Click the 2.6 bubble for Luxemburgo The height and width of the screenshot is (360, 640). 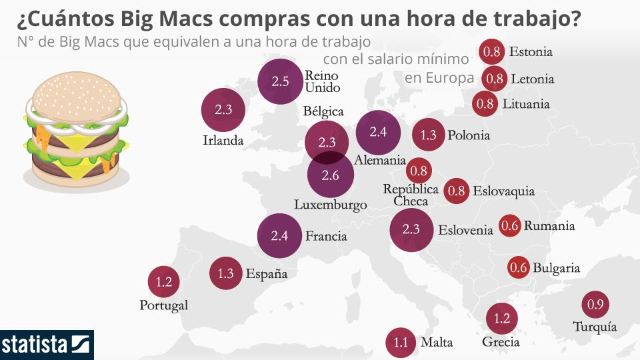tap(330, 176)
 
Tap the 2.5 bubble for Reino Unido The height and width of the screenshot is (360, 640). tap(281, 81)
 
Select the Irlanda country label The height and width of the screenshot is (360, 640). tap(223, 141)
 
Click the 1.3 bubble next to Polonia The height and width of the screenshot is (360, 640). tap(429, 135)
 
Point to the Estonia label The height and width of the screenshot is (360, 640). tap(531, 51)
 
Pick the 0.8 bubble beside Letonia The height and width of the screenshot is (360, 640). tap(495, 79)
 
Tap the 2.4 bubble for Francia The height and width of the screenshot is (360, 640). tap(279, 235)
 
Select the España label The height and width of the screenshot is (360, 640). tap(266, 273)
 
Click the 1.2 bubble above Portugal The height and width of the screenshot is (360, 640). tap(164, 282)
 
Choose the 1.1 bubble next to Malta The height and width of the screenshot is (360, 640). tap(401, 343)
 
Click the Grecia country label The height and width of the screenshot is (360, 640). tap(501, 343)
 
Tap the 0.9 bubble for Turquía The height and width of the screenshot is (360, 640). tap(595, 305)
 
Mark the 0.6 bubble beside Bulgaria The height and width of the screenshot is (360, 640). tap(519, 268)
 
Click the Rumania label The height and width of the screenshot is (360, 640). tap(549, 226)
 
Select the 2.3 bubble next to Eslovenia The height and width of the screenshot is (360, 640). tap(411, 229)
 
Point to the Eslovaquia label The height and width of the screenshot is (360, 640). tap(503, 191)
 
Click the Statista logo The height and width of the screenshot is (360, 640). tap(46, 344)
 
